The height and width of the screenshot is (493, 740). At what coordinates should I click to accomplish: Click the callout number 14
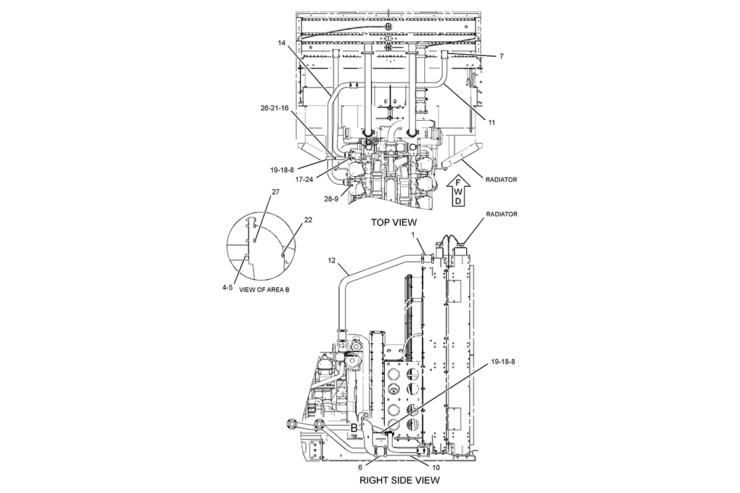click(x=281, y=43)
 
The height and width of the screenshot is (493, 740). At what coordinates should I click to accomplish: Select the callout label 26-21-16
click(x=274, y=108)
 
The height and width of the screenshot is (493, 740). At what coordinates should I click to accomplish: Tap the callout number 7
click(x=501, y=57)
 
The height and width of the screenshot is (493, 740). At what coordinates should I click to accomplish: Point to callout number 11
click(x=492, y=123)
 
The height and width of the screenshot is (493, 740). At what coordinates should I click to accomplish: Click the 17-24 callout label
click(x=304, y=180)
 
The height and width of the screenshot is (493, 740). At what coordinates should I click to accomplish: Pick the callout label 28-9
click(x=331, y=199)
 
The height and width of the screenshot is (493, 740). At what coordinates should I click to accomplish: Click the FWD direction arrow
click(x=458, y=190)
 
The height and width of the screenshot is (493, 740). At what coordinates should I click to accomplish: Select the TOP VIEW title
click(x=394, y=222)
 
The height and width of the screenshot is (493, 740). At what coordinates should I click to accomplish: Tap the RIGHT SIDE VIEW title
click(x=400, y=480)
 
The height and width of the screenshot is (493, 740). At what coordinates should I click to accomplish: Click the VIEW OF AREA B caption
click(x=264, y=290)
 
